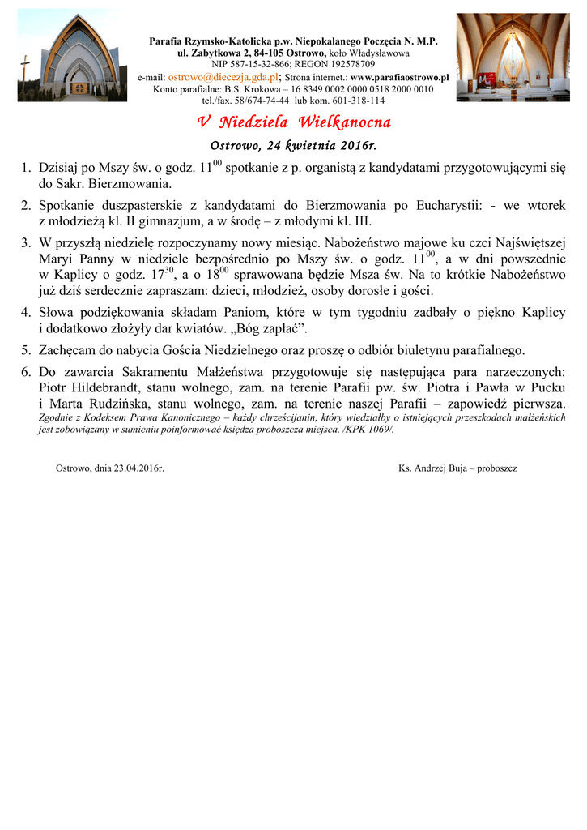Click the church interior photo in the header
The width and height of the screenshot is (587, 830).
coord(513,58)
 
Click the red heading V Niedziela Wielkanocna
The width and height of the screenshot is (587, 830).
coord(294,123)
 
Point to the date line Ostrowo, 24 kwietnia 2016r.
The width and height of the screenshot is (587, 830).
coord(294,147)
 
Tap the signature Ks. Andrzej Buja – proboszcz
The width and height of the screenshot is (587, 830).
coord(458,468)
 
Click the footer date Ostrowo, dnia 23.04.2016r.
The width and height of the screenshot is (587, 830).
coord(110,468)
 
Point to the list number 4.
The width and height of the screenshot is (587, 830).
coord(26,312)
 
